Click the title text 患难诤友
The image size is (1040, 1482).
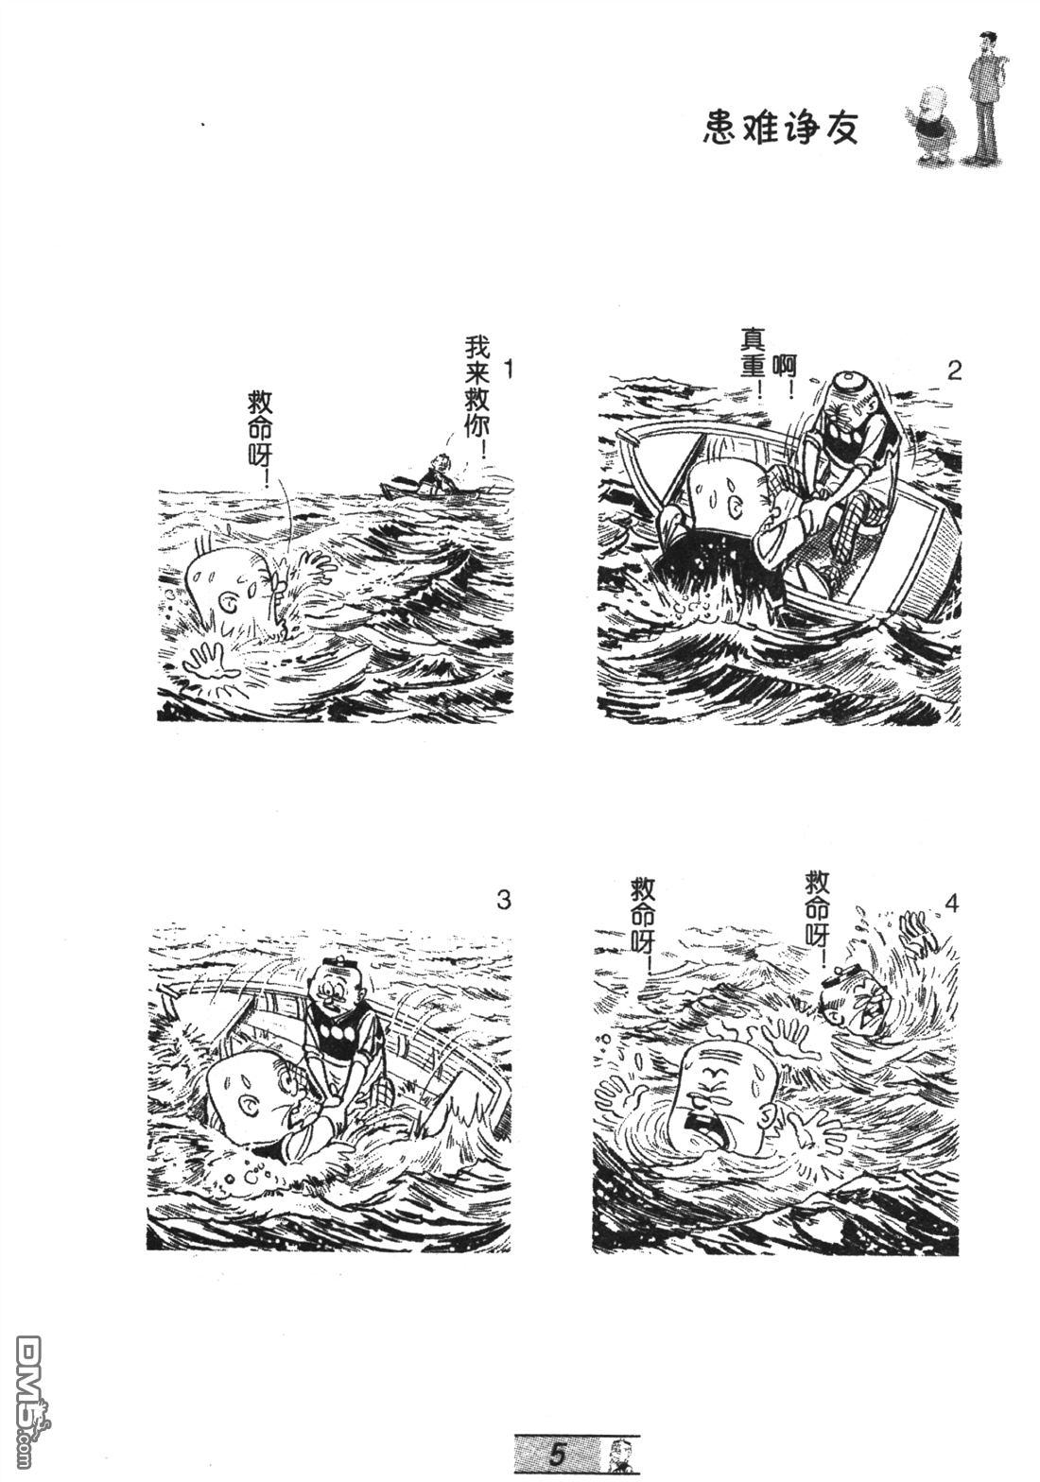click(x=780, y=128)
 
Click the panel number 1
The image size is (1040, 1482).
click(x=508, y=370)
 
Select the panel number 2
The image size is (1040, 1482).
click(x=954, y=370)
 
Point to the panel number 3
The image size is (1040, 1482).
click(x=504, y=901)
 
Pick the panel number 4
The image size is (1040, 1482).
click(x=951, y=904)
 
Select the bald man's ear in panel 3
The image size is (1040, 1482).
click(x=251, y=1103)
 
